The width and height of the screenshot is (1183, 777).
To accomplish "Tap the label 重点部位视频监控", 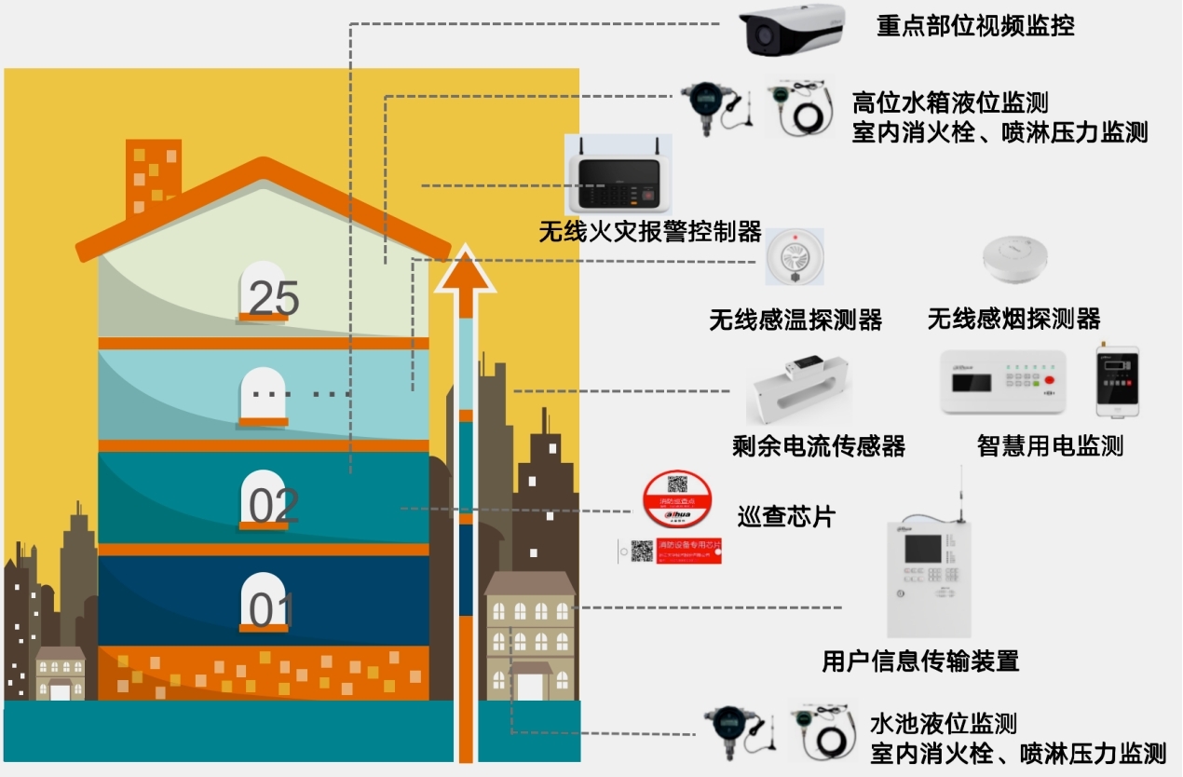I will [975, 26].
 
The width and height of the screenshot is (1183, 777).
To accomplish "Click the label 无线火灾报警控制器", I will [649, 231].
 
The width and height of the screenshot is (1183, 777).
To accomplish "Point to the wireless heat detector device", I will [795, 257].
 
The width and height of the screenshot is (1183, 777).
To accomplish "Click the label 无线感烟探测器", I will [1013, 320].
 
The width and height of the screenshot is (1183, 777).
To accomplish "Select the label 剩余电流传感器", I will [819, 446].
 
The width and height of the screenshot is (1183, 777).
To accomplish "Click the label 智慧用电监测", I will [1050, 446].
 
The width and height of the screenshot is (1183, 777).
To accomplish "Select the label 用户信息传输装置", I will [919, 661].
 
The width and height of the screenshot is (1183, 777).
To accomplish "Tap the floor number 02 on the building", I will [273, 506].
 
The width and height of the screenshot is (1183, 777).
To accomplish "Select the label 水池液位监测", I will [943, 723].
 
